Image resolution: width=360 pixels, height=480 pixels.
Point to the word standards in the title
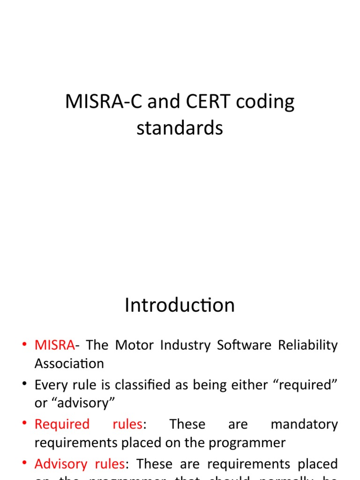[180, 127]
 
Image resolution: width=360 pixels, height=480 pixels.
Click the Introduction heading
[180, 306]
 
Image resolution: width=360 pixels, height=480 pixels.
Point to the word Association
[69, 364]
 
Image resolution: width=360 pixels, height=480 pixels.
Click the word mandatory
[304, 425]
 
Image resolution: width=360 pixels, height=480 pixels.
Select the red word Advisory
[61, 465]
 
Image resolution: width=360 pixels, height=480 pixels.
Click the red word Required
[62, 425]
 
